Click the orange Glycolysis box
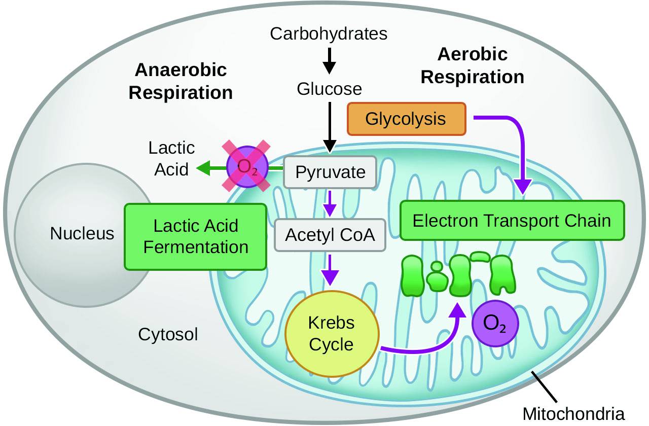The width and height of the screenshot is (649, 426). coord(406,119)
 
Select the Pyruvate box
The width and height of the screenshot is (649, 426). coord(330,172)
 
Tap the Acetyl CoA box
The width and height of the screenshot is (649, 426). coord(330,235)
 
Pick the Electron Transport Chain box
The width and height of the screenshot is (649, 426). coord(512,221)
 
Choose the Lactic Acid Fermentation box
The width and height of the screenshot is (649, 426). coord(196,236)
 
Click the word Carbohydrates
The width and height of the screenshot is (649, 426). coord(329,34)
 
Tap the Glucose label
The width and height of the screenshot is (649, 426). coord(330,89)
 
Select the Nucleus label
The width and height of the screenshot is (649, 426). coord(82,233)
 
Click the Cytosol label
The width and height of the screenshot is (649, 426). coord(168,335)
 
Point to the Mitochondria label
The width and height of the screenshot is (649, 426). coord(573,413)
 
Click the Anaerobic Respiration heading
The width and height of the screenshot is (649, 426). coord(181,81)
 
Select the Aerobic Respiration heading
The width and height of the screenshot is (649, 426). coord(473,65)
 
